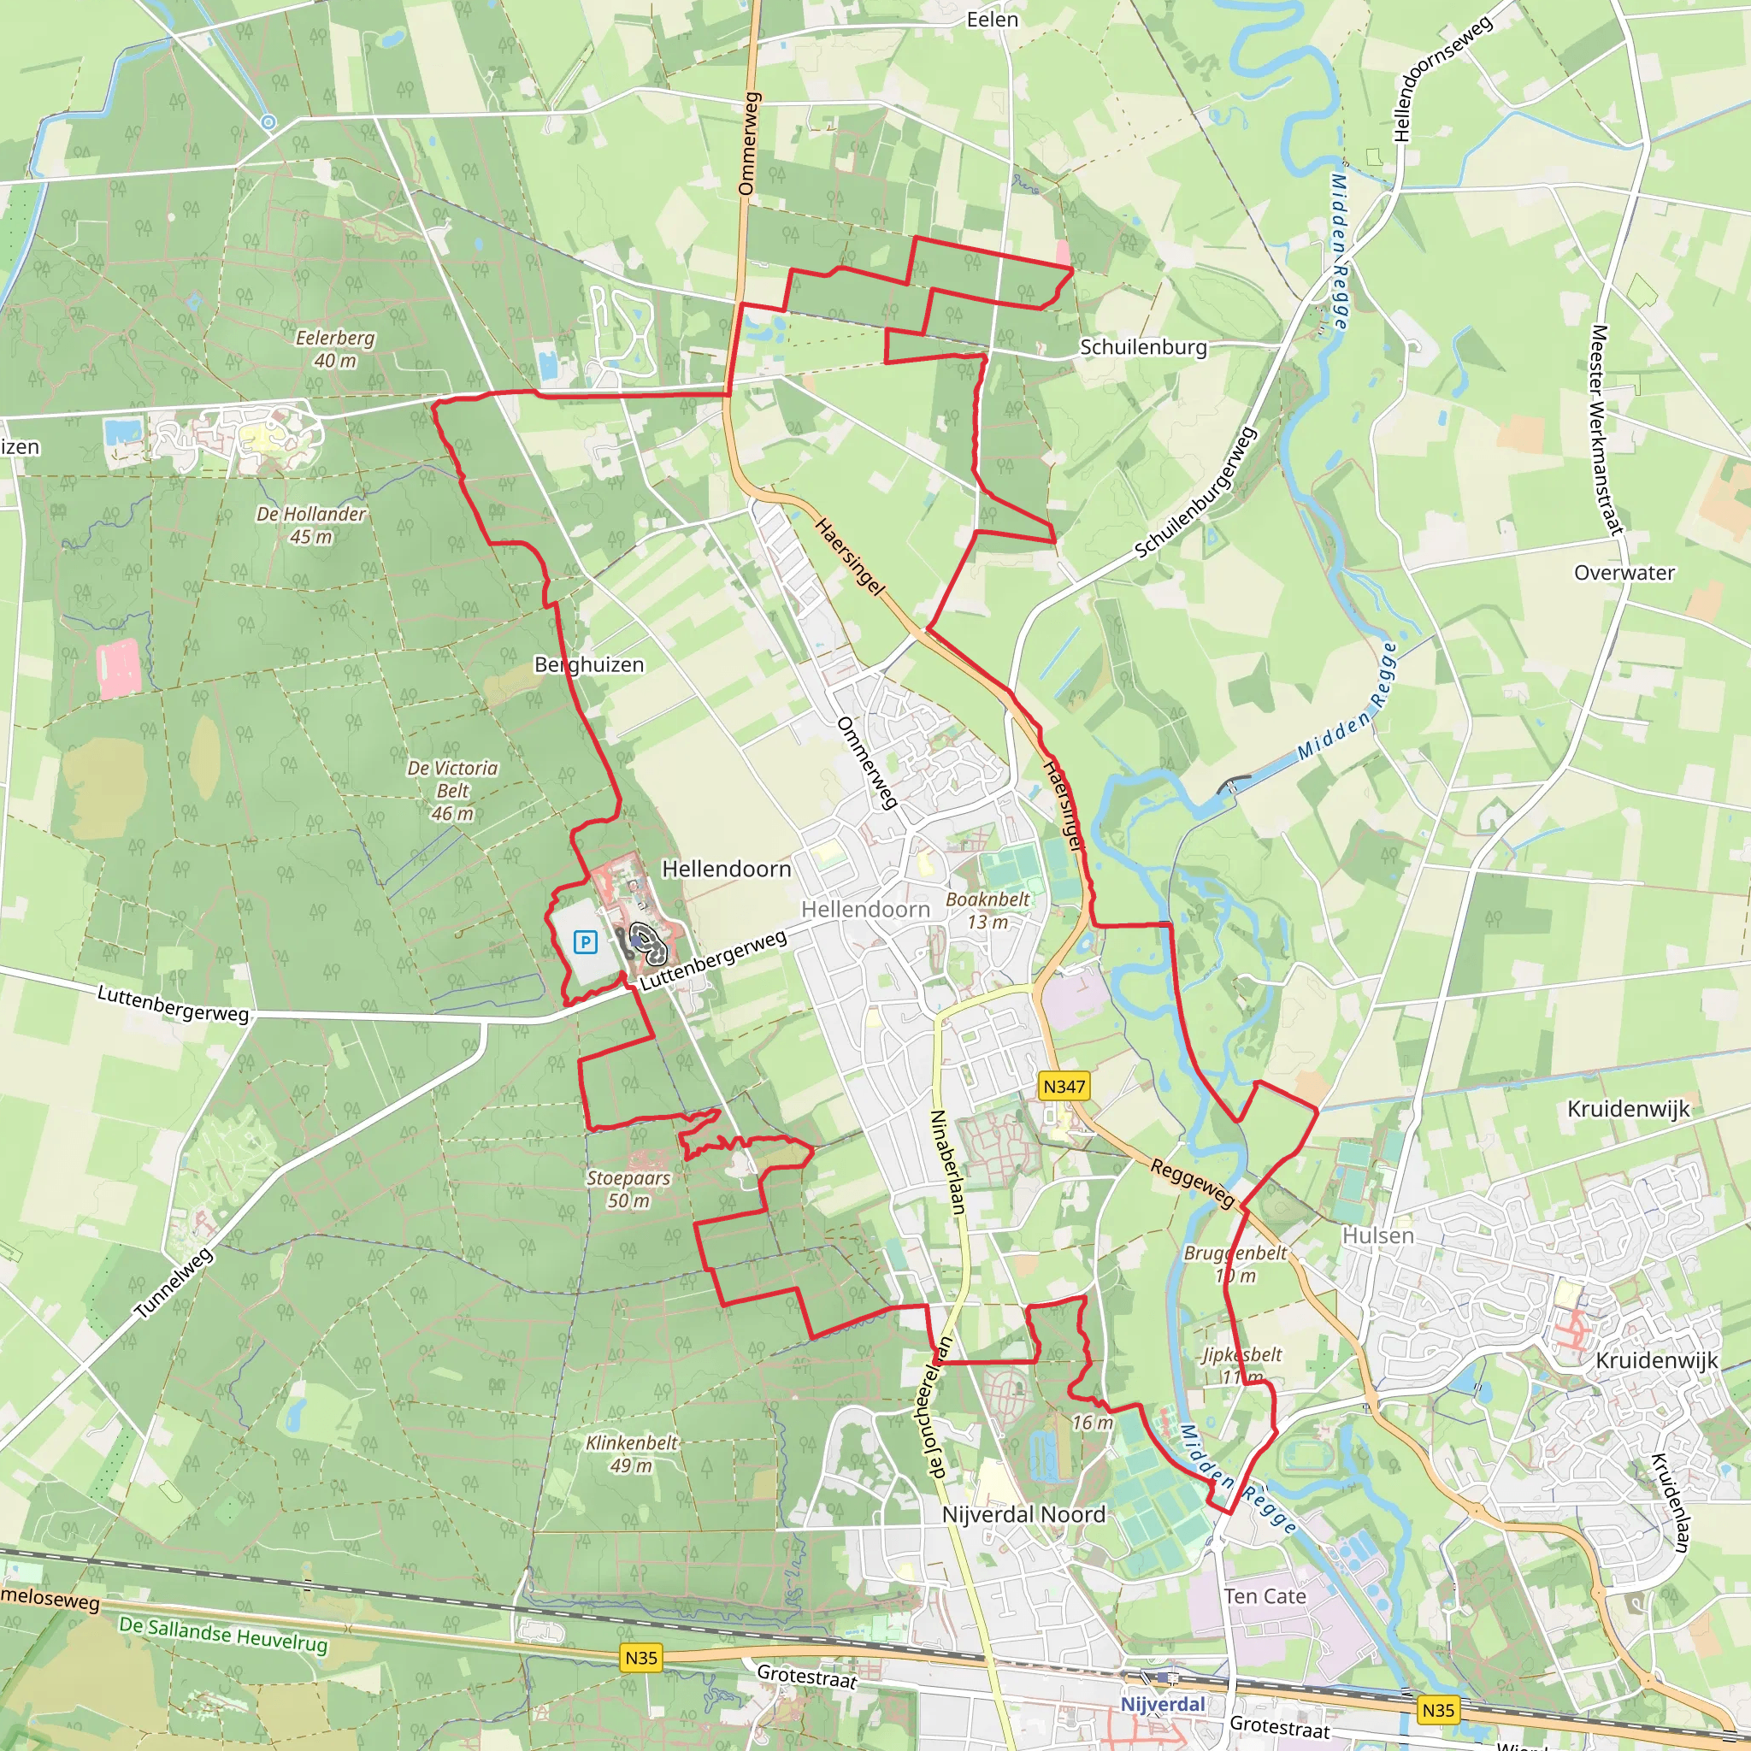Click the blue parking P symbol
point(586,942)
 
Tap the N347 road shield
point(1064,1086)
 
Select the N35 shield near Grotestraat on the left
point(640,1658)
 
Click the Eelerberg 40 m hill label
point(335,349)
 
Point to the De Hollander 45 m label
point(311,525)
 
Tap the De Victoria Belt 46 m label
point(452,790)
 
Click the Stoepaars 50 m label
point(628,1189)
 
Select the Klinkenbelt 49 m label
point(632,1453)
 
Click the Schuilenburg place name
point(1143,347)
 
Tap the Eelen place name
point(993,20)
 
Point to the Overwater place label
point(1624,573)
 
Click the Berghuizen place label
point(589,664)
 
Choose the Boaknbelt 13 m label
point(988,910)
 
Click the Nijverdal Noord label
point(1023,1514)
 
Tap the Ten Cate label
point(1265,1596)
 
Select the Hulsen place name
point(1377,1235)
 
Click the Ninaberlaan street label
point(948,1162)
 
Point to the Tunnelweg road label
point(174,1282)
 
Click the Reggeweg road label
point(1193,1182)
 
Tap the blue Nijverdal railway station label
point(1163,1704)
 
